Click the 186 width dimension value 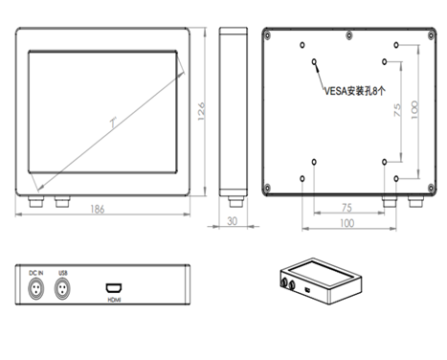pyautogui.click(x=98, y=209)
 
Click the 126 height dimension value pyautogui.click(x=201, y=111)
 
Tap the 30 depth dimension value pyautogui.click(x=233, y=221)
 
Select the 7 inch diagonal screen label pyautogui.click(x=114, y=123)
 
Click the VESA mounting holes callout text pyautogui.click(x=355, y=91)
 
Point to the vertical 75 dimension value pyautogui.click(x=397, y=110)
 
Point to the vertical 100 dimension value pyautogui.click(x=414, y=110)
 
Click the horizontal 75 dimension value pyautogui.click(x=346, y=208)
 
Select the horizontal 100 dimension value pyautogui.click(x=346, y=223)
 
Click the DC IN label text pyautogui.click(x=36, y=273)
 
